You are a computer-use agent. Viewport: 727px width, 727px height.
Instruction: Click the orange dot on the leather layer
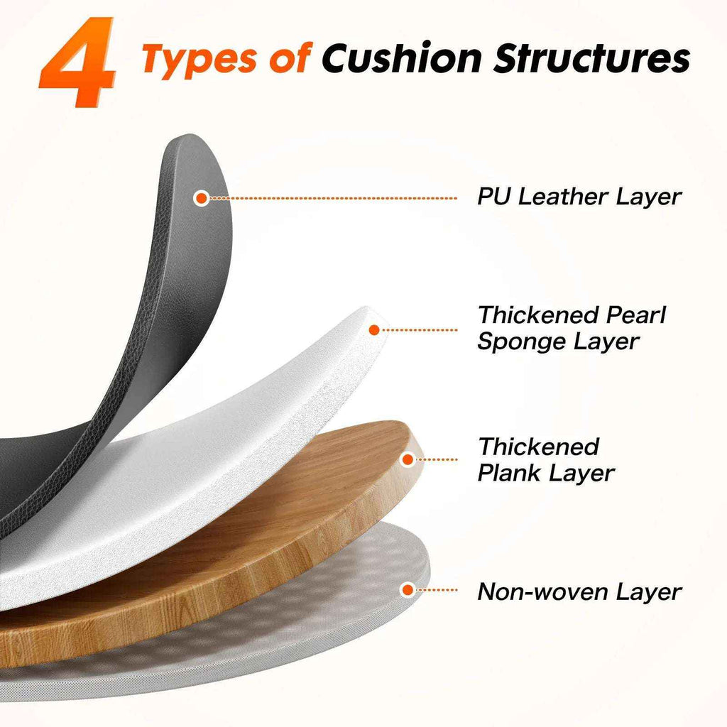pyautogui.click(x=202, y=198)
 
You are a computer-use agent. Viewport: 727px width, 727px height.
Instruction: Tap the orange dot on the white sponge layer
pyautogui.click(x=374, y=329)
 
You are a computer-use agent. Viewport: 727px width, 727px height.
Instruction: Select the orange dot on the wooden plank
pyautogui.click(x=408, y=459)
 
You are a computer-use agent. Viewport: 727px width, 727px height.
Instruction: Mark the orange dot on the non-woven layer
pyautogui.click(x=407, y=589)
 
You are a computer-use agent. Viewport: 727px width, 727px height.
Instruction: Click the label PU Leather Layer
pyautogui.click(x=579, y=197)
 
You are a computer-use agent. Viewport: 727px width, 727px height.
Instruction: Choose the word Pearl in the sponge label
pyautogui.click(x=638, y=315)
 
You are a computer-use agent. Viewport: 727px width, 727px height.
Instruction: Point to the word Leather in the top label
pyautogui.click(x=561, y=197)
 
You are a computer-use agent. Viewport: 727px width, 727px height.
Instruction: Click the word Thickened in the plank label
pyautogui.click(x=538, y=447)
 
